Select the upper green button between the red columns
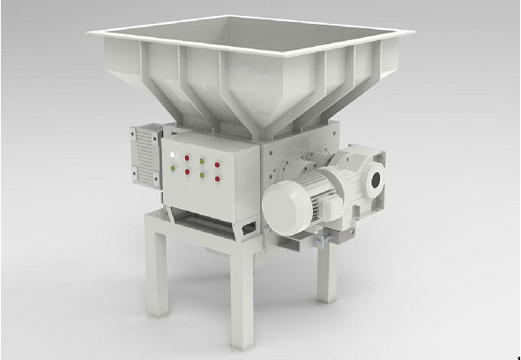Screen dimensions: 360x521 click(202, 162)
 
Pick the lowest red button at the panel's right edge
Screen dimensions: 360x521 click(217, 179)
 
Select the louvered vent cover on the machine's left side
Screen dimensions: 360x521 click(145, 154)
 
